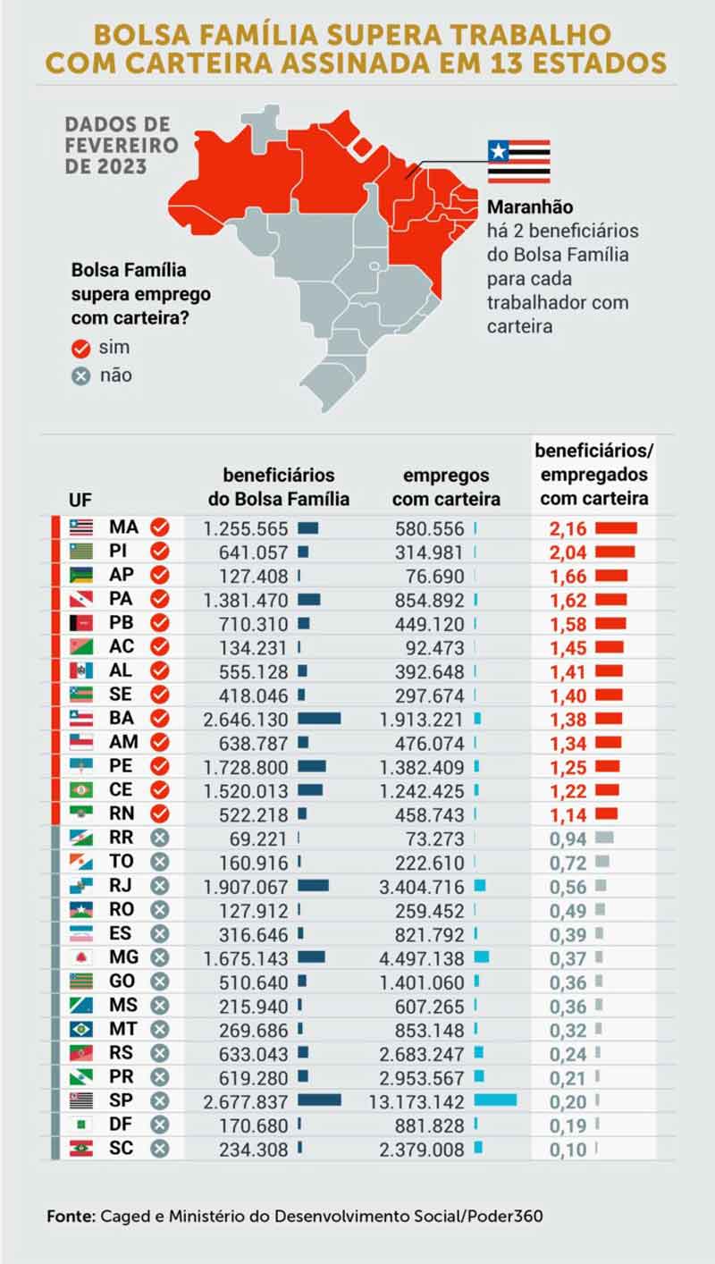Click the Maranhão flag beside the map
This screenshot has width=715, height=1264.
click(x=518, y=161)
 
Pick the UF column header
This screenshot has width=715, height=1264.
click(x=80, y=499)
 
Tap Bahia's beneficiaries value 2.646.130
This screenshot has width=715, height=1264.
click(x=246, y=719)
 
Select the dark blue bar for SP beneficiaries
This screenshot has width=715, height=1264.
click(x=319, y=1100)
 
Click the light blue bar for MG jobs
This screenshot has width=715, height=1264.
click(x=481, y=957)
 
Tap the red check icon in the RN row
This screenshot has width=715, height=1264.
click(x=160, y=814)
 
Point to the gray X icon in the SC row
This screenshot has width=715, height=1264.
click(x=160, y=1148)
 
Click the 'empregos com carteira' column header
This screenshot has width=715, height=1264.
click(x=446, y=487)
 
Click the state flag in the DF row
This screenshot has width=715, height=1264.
click(x=80, y=1124)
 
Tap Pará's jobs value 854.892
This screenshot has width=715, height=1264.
click(x=429, y=599)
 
